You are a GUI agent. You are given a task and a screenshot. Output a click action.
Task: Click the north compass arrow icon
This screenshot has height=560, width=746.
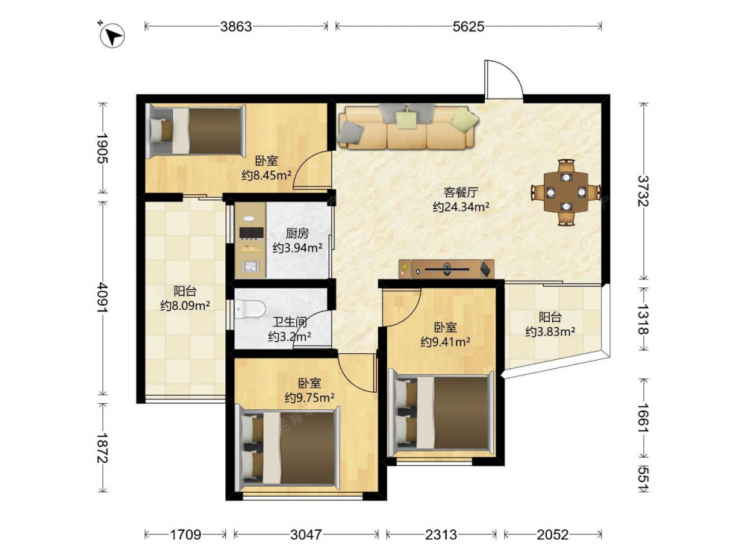pyautogui.click(x=113, y=36)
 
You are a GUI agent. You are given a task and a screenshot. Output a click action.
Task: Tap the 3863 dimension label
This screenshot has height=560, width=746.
pyautogui.click(x=236, y=27)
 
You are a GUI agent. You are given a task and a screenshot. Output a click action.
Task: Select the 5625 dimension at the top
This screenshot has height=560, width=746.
pyautogui.click(x=468, y=27)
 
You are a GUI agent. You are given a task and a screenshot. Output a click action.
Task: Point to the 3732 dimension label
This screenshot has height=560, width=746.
pyautogui.click(x=643, y=191)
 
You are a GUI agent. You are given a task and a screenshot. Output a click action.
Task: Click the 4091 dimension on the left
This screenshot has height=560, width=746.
pyautogui.click(x=102, y=298)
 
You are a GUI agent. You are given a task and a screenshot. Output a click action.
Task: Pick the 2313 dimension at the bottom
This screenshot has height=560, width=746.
pyautogui.click(x=441, y=535)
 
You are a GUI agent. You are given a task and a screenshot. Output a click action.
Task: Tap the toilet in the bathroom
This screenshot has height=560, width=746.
pyautogui.click(x=250, y=309)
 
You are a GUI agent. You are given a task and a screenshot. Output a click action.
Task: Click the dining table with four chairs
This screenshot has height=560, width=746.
pyautogui.click(x=565, y=193)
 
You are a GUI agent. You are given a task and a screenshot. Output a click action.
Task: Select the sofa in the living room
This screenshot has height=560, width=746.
pyautogui.click(x=408, y=127)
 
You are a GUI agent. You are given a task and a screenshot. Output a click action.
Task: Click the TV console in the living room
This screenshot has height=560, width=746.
pyautogui.click(x=447, y=270)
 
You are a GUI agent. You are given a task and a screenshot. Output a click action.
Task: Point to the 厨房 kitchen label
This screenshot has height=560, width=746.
pyautogui.click(x=297, y=233)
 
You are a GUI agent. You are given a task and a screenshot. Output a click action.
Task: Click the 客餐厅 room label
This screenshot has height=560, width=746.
pyautogui.click(x=461, y=193)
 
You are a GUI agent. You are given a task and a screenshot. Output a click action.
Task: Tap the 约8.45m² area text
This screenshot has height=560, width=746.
pyautogui.click(x=266, y=175)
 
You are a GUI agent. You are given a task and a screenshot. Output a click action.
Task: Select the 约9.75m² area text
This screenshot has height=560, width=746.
pyautogui.click(x=310, y=397)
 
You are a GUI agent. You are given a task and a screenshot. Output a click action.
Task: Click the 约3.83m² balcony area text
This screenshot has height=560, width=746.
pyautogui.click(x=550, y=332)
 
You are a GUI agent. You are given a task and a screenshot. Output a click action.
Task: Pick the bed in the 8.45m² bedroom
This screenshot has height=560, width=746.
pyautogui.click(x=195, y=131)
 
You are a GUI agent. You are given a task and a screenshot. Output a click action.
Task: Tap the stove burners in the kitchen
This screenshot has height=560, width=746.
pyautogui.click(x=251, y=233)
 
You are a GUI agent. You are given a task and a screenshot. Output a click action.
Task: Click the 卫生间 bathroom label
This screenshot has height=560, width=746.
pyautogui.click(x=289, y=323)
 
